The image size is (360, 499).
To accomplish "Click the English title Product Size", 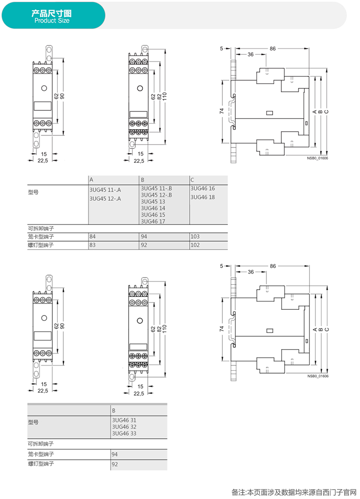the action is point(52,21).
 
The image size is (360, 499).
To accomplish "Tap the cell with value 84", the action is point(93,236).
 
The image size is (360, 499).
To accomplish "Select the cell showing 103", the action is point(195,236).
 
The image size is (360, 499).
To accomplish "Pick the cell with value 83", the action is point(93,245).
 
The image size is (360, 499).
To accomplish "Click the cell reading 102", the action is point(195,245).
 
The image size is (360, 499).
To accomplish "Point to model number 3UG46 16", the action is point(203,188).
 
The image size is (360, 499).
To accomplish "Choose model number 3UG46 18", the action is point(203,197).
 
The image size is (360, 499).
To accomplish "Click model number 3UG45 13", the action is point(153,202).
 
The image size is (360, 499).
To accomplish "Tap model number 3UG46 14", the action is point(153,208).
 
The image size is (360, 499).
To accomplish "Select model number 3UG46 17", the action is point(153,221).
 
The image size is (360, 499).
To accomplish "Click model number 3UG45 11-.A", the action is point(105,190).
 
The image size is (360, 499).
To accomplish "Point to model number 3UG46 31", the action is point(124,420).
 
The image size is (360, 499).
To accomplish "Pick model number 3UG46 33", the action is point(124,433).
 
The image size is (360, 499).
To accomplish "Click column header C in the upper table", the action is point(192,180).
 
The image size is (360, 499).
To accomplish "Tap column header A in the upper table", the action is point(91,180).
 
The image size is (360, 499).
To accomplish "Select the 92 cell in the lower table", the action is point(115,464).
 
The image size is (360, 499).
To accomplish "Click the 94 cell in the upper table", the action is point(144,236).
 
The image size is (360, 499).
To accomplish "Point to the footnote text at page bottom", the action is point(294,492).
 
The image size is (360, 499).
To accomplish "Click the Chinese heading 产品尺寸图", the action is point(51,13).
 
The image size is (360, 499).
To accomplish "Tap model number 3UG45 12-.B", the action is point(156,195).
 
